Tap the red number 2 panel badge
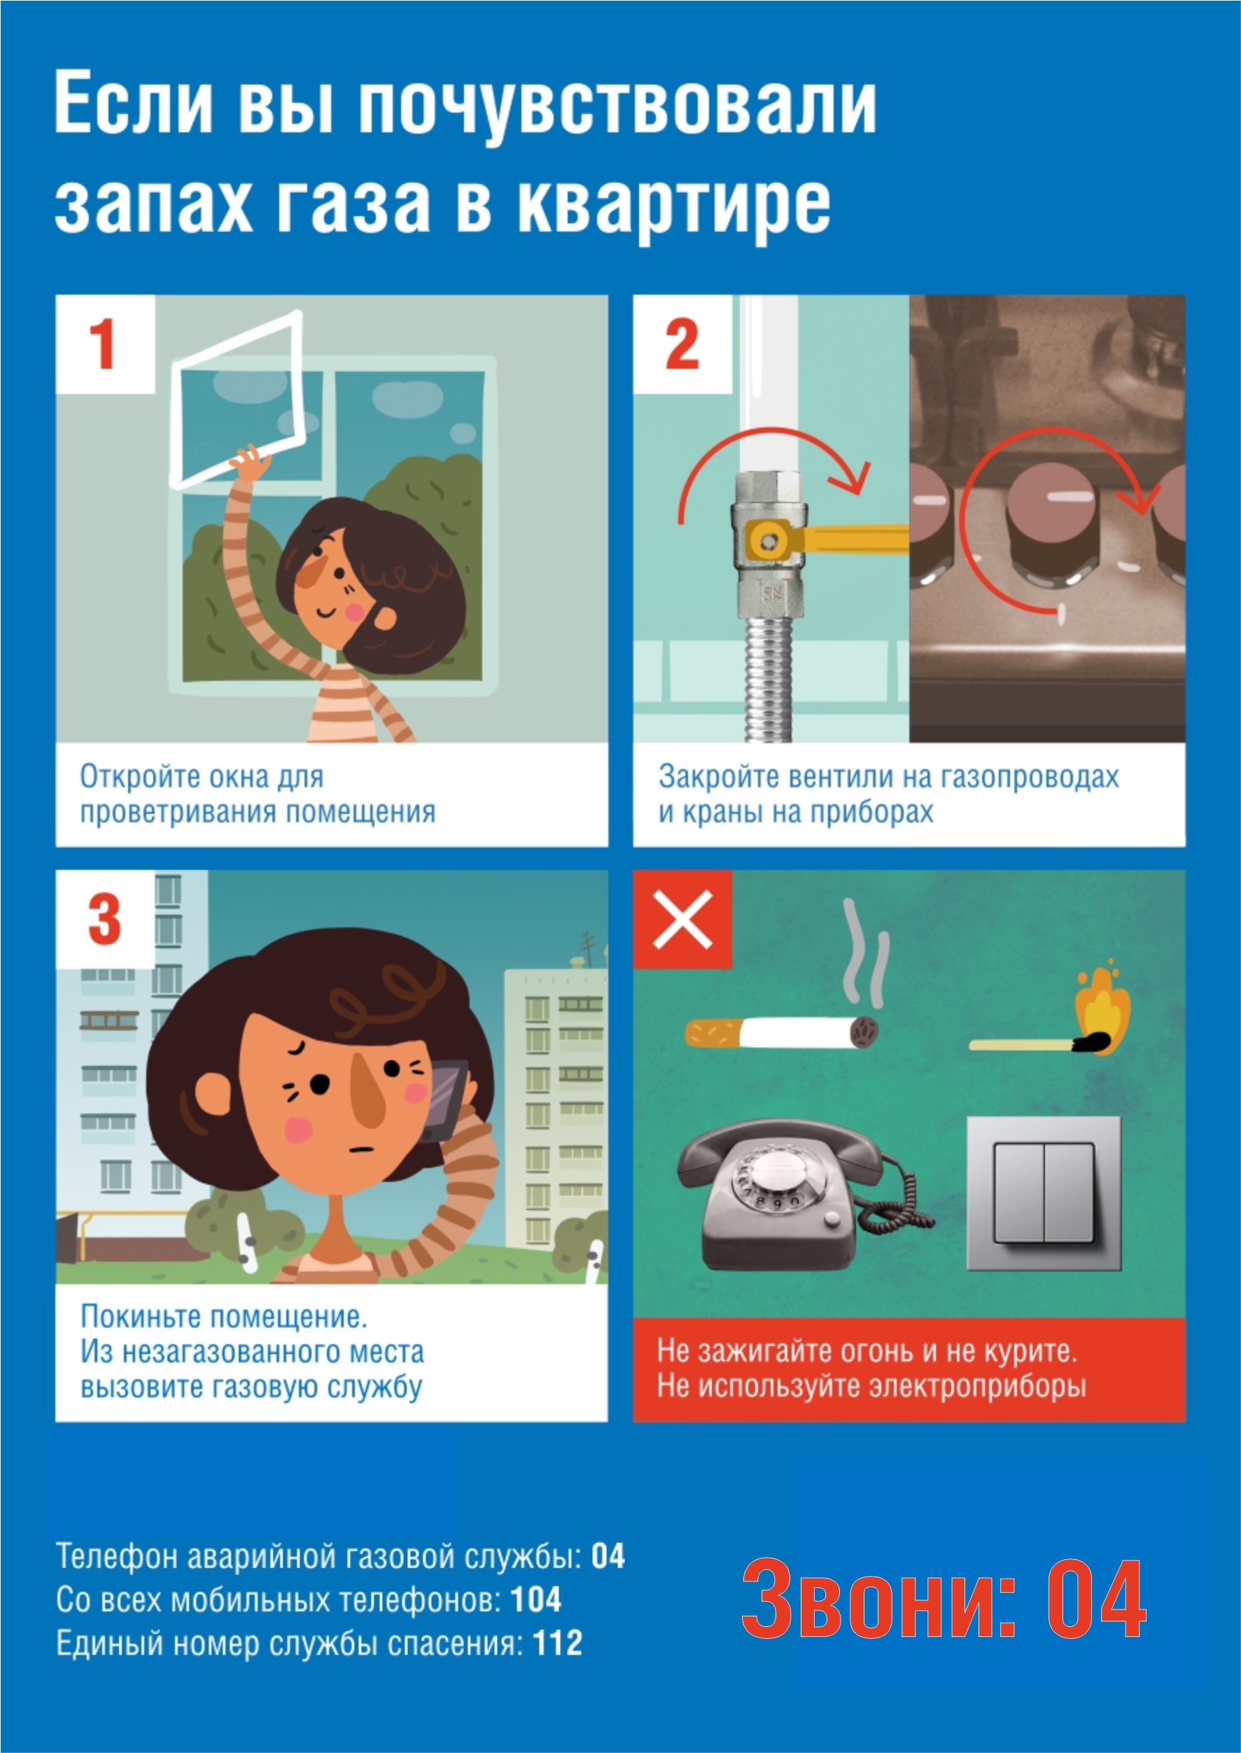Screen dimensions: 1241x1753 click(x=682, y=344)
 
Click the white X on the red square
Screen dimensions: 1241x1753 click(x=682, y=919)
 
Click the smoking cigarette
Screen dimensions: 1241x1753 click(x=781, y=1034)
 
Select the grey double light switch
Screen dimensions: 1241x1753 click(x=1044, y=1193)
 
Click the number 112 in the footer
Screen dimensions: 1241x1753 click(x=558, y=1642)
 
